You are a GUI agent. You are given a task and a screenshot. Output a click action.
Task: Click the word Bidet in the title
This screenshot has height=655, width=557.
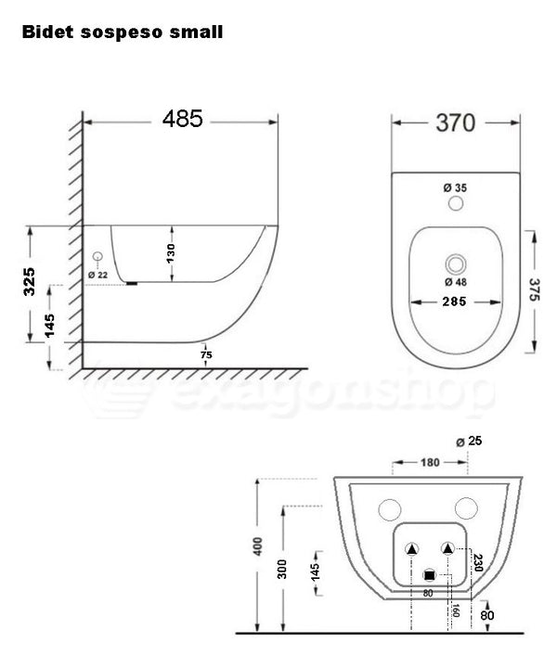pos(47,32)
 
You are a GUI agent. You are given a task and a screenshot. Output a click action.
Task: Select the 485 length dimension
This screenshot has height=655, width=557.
pos(183,120)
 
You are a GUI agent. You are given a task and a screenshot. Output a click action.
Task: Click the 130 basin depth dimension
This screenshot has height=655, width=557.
pos(171,252)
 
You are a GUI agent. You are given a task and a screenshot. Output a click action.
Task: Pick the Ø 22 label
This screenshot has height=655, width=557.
pos(97,275)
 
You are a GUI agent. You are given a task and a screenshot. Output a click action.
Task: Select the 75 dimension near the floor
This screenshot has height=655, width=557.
pos(206,353)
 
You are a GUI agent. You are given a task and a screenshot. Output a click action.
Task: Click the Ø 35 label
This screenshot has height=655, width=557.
pos(455,187)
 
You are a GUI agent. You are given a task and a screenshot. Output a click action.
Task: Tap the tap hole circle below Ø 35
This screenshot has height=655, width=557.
pos(455,203)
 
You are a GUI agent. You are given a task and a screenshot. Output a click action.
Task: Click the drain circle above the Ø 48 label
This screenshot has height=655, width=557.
pos(455,263)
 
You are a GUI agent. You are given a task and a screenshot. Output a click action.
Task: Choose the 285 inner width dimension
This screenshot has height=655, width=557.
pos(455,302)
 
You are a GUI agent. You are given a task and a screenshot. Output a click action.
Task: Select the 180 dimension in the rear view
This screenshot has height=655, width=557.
pos(430,462)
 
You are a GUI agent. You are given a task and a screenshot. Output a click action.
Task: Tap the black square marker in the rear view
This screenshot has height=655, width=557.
pos(429,575)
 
